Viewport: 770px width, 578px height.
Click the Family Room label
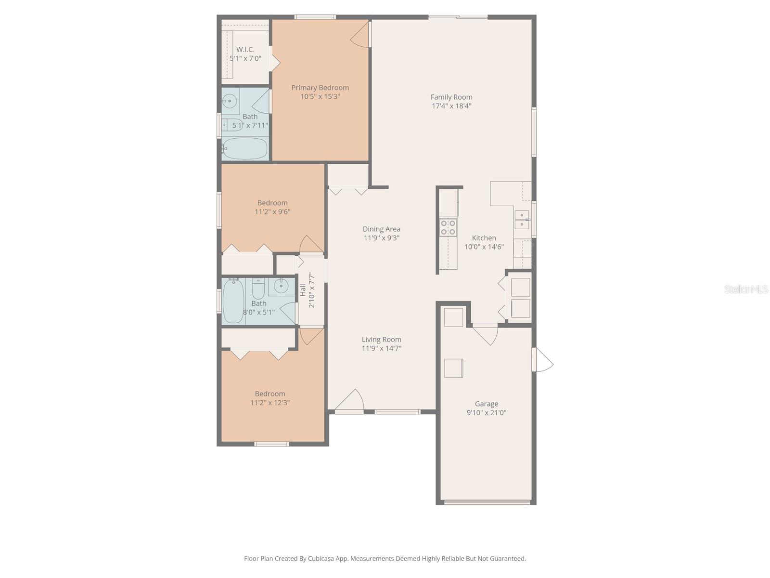(451, 97)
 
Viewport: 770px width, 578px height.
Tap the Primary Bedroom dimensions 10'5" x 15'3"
(320, 96)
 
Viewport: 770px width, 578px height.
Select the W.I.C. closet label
(245, 50)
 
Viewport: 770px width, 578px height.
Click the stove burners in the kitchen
(448, 227)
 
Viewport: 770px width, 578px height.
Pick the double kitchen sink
(522, 220)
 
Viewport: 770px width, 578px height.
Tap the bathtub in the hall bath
(233, 302)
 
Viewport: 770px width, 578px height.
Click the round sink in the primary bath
(230, 101)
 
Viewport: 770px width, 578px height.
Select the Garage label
(487, 404)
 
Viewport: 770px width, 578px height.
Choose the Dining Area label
(381, 229)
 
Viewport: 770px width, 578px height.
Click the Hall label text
(303, 290)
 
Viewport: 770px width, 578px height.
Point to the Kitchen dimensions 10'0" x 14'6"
(484, 247)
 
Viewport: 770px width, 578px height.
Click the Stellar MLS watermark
(745, 289)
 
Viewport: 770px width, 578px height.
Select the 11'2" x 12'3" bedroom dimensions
(270, 403)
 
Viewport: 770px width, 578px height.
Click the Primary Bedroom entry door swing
(359, 36)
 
